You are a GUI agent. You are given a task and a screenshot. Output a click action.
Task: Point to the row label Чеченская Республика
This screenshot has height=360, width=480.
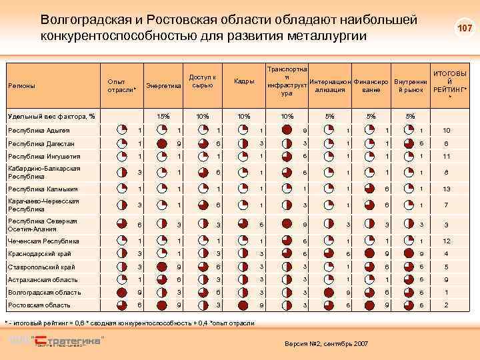43,241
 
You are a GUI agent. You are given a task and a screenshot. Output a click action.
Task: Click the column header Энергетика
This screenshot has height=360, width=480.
163,85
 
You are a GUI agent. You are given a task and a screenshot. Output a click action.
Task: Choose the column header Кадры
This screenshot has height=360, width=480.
244,81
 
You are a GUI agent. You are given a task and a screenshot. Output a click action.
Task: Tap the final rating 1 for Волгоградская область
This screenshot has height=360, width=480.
447,293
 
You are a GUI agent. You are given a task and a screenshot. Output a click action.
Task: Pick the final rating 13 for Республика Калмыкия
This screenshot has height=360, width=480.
447,189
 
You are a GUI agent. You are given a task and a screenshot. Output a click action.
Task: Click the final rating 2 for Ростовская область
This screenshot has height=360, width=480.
447,305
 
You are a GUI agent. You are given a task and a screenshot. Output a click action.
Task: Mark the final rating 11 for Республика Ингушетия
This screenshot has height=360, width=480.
447,156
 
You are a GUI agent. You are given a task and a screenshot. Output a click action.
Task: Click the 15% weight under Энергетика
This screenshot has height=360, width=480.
163,116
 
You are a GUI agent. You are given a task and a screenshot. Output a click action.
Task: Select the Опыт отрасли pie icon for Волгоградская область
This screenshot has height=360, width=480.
120,292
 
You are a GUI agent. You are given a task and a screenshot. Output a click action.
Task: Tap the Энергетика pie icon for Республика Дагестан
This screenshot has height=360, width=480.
161,143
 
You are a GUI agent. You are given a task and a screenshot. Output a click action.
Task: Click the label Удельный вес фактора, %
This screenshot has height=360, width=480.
51,116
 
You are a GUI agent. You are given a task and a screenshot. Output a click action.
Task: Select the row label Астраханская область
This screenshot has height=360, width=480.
42,280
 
